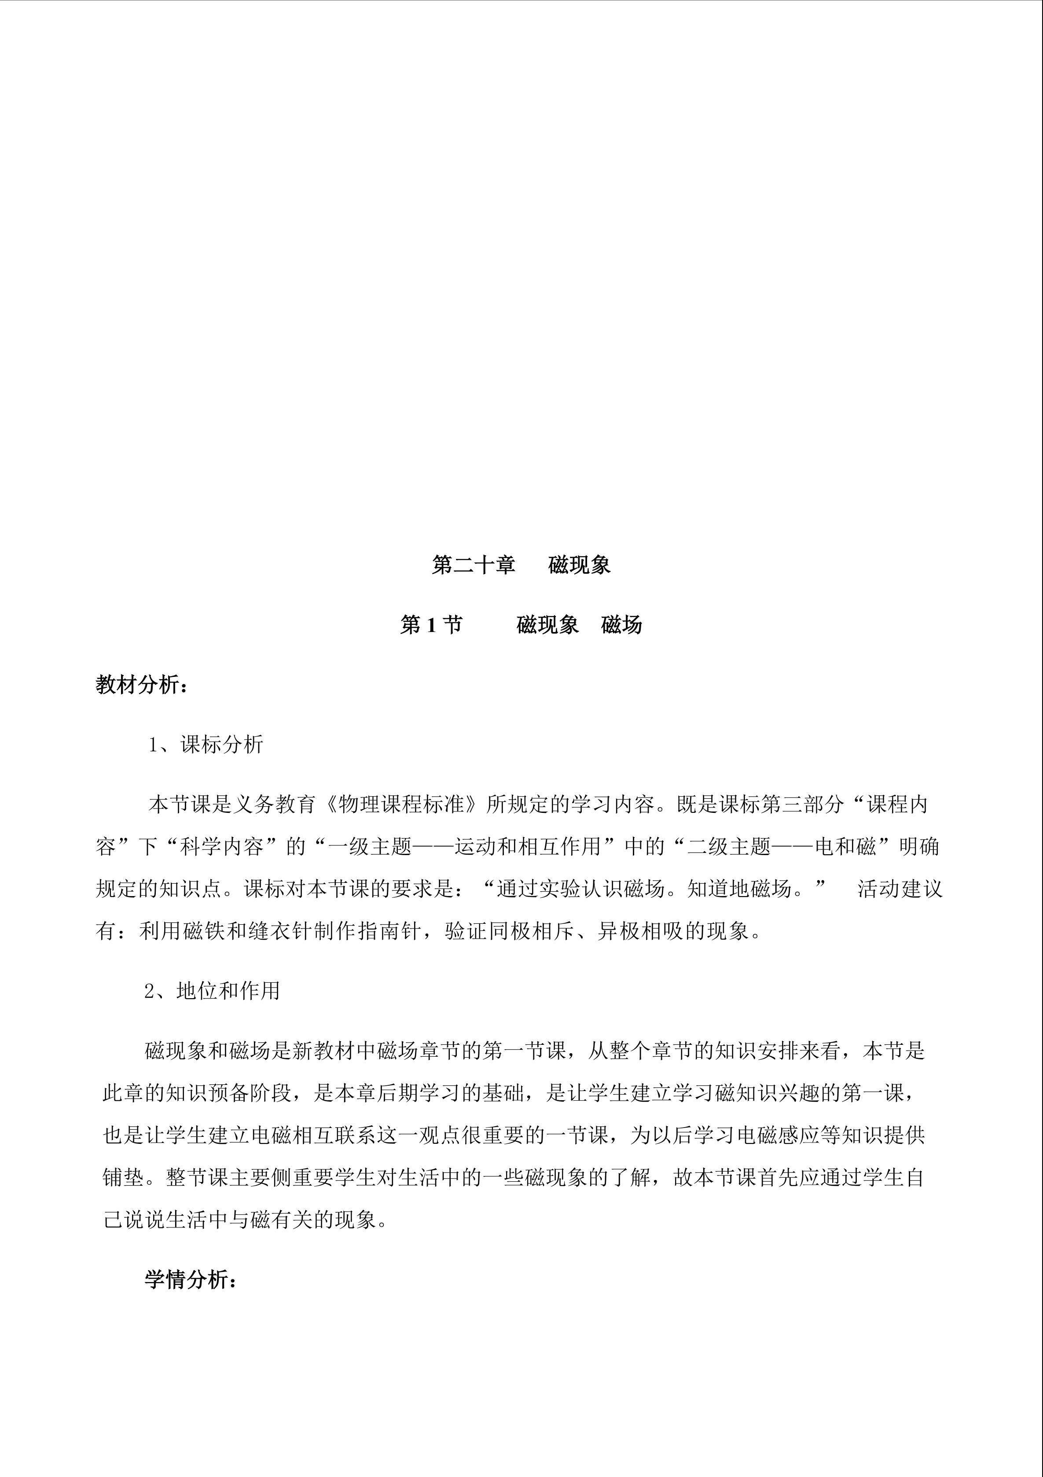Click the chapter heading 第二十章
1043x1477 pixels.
point(474,565)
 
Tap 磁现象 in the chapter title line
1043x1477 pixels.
point(579,565)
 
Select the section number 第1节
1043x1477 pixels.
point(431,625)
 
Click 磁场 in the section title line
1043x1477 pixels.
point(621,625)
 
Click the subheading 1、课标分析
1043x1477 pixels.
point(206,744)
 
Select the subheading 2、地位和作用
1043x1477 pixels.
point(212,991)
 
